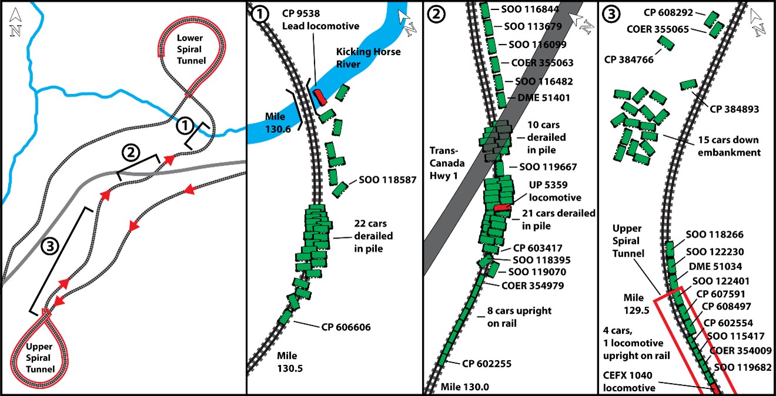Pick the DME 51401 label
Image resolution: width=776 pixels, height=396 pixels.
click(541, 98)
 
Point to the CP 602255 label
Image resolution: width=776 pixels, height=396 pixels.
click(487, 364)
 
